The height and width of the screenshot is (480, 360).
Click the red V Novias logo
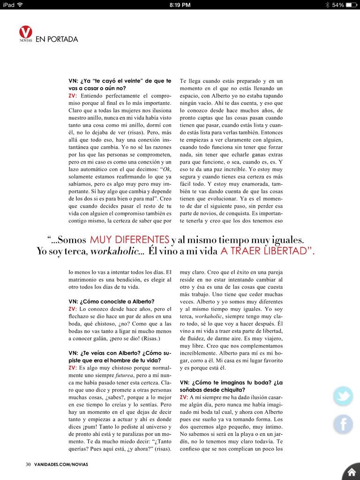tap(26, 33)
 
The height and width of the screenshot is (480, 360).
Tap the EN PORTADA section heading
tap(57, 39)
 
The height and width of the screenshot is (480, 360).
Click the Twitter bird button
tap(343, 397)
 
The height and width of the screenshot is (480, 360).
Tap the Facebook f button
tap(343, 424)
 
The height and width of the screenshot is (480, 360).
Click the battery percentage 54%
tap(338, 5)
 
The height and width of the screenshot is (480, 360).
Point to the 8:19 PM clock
tap(180, 5)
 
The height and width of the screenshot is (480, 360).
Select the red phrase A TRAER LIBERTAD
tap(267, 251)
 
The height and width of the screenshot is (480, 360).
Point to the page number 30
tap(28, 464)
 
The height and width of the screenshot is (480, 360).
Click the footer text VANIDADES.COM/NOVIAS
tap(60, 464)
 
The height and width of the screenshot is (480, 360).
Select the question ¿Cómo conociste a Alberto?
tap(111, 301)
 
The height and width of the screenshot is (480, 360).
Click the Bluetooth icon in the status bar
tap(326, 5)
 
